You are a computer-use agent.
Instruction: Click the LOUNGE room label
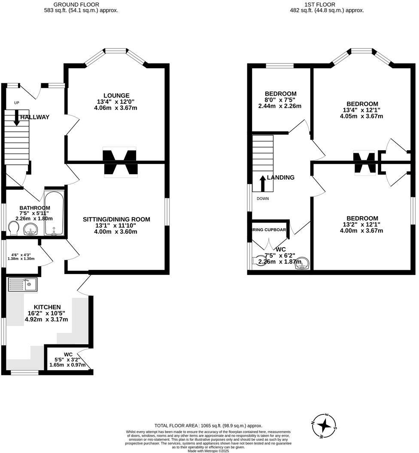[116, 95]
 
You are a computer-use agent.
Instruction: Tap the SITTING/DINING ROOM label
[116, 219]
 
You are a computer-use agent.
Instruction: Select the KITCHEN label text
[47, 307]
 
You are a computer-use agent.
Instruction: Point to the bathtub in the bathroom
[54, 214]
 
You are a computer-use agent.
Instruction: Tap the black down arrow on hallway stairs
[16, 118]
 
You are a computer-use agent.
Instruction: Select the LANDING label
[280, 177]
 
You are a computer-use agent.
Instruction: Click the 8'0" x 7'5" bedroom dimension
[280, 100]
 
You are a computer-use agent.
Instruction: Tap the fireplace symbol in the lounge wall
[119, 163]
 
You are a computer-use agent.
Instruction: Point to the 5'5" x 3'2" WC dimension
[67, 359]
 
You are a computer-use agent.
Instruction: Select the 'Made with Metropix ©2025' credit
[209, 450]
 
